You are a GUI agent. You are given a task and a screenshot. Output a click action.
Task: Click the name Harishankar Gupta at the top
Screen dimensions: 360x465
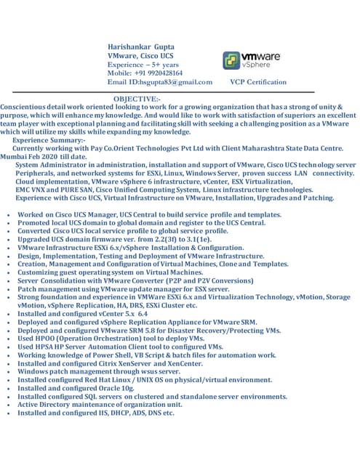(140, 46)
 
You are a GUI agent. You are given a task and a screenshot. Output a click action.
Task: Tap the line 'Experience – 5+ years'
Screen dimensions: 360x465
(143, 65)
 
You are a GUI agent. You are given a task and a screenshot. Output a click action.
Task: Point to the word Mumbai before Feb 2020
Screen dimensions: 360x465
(16, 156)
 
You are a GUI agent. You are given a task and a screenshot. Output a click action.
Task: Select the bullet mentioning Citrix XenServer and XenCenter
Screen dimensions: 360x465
(109, 363)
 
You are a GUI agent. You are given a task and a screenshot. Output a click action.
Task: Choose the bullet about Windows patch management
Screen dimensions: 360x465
(98, 371)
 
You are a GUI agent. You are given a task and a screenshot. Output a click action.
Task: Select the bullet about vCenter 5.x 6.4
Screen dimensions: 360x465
(92, 313)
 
